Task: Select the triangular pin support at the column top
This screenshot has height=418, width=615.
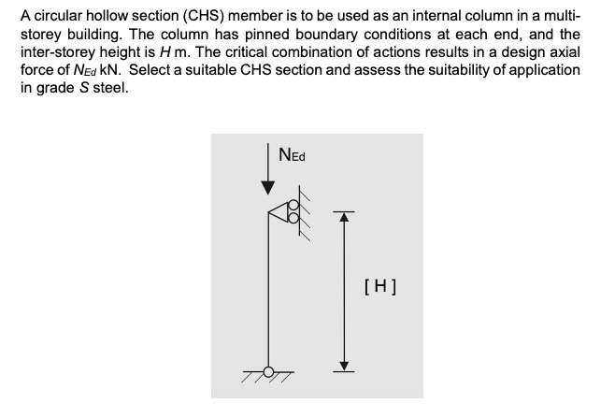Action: (279, 213)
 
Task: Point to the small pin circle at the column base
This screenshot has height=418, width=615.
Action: (269, 370)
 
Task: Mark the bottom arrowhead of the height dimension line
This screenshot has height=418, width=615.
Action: (345, 365)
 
